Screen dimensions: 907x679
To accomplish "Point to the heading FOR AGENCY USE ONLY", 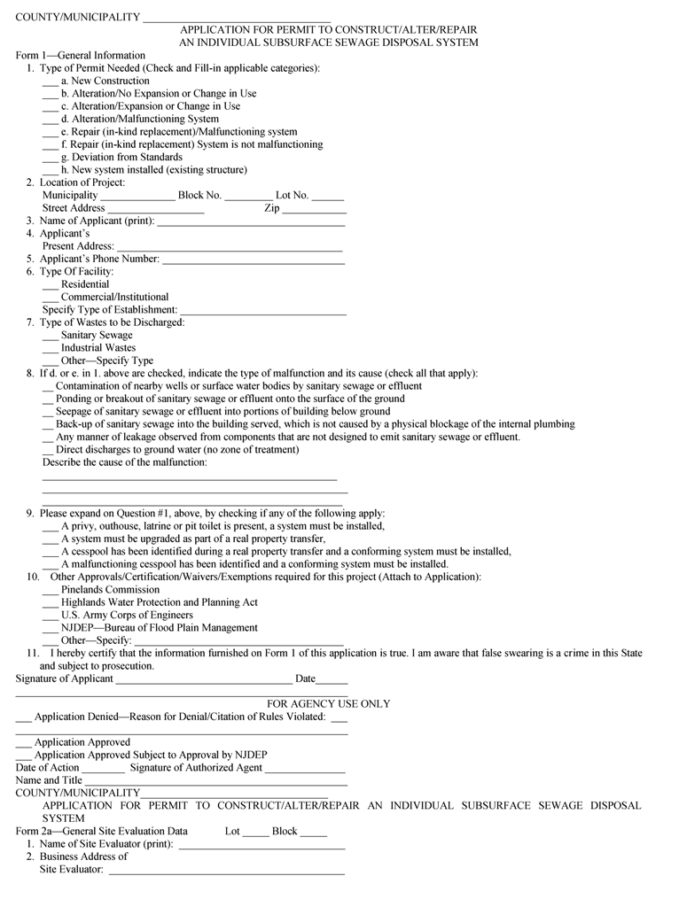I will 328,704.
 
